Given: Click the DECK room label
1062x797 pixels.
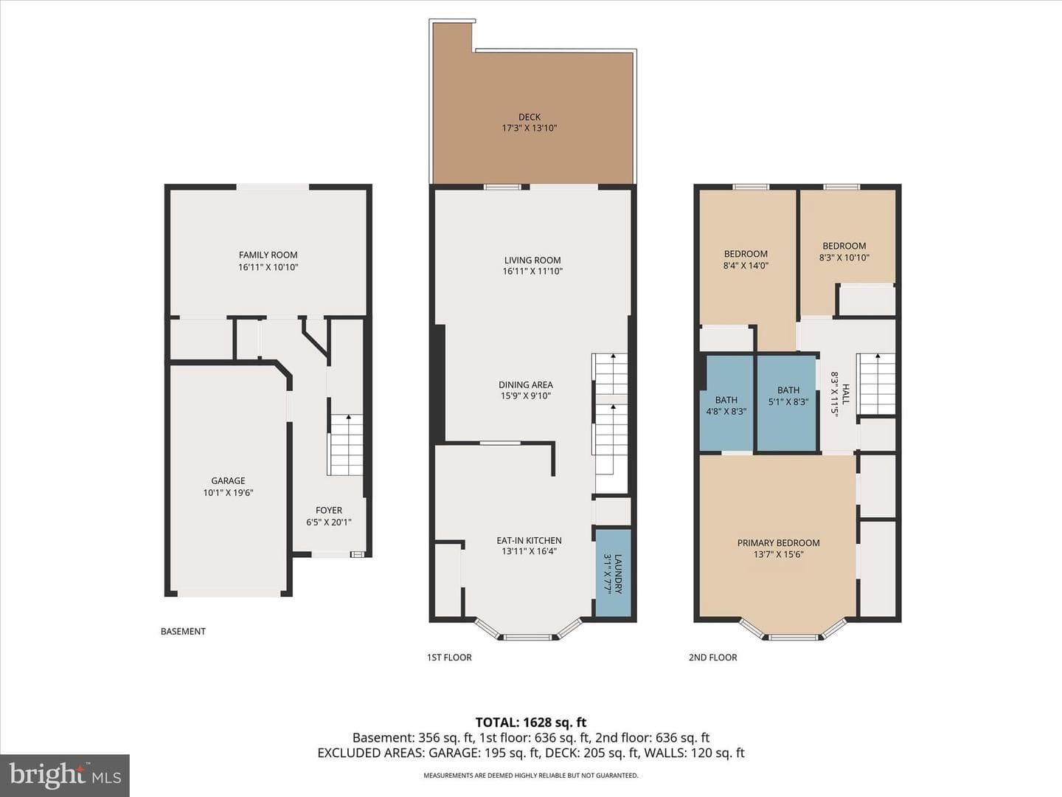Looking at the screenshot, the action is [x=530, y=117].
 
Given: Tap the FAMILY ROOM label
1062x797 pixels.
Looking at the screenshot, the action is [x=268, y=255].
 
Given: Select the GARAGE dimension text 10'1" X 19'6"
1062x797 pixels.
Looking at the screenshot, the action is [x=229, y=493].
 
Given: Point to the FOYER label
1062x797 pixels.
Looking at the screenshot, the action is [x=329, y=510].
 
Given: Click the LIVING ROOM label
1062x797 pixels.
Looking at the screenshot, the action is [x=532, y=261].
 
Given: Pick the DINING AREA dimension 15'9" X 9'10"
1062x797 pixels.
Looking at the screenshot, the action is [x=526, y=396].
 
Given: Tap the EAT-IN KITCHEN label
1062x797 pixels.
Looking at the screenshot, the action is [x=530, y=540].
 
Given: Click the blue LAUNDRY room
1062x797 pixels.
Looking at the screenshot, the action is [x=613, y=573].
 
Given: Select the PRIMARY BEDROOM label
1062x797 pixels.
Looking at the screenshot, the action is [x=779, y=543].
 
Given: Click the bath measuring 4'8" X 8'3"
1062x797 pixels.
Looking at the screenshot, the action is [x=726, y=403].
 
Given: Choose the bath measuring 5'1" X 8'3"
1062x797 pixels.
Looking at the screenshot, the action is [x=788, y=403].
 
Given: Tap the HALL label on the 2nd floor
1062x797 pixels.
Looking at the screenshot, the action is [x=845, y=394].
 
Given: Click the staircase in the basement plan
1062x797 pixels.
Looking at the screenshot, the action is [x=345, y=445].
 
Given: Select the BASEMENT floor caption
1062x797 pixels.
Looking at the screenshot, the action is [x=183, y=632].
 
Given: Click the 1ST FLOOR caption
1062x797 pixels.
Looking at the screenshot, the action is [x=449, y=657].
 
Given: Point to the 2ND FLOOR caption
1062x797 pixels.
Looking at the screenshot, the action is [x=712, y=657].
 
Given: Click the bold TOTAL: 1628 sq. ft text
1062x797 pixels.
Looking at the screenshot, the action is [x=531, y=722].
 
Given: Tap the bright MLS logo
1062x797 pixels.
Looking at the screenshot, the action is [x=65, y=775].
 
